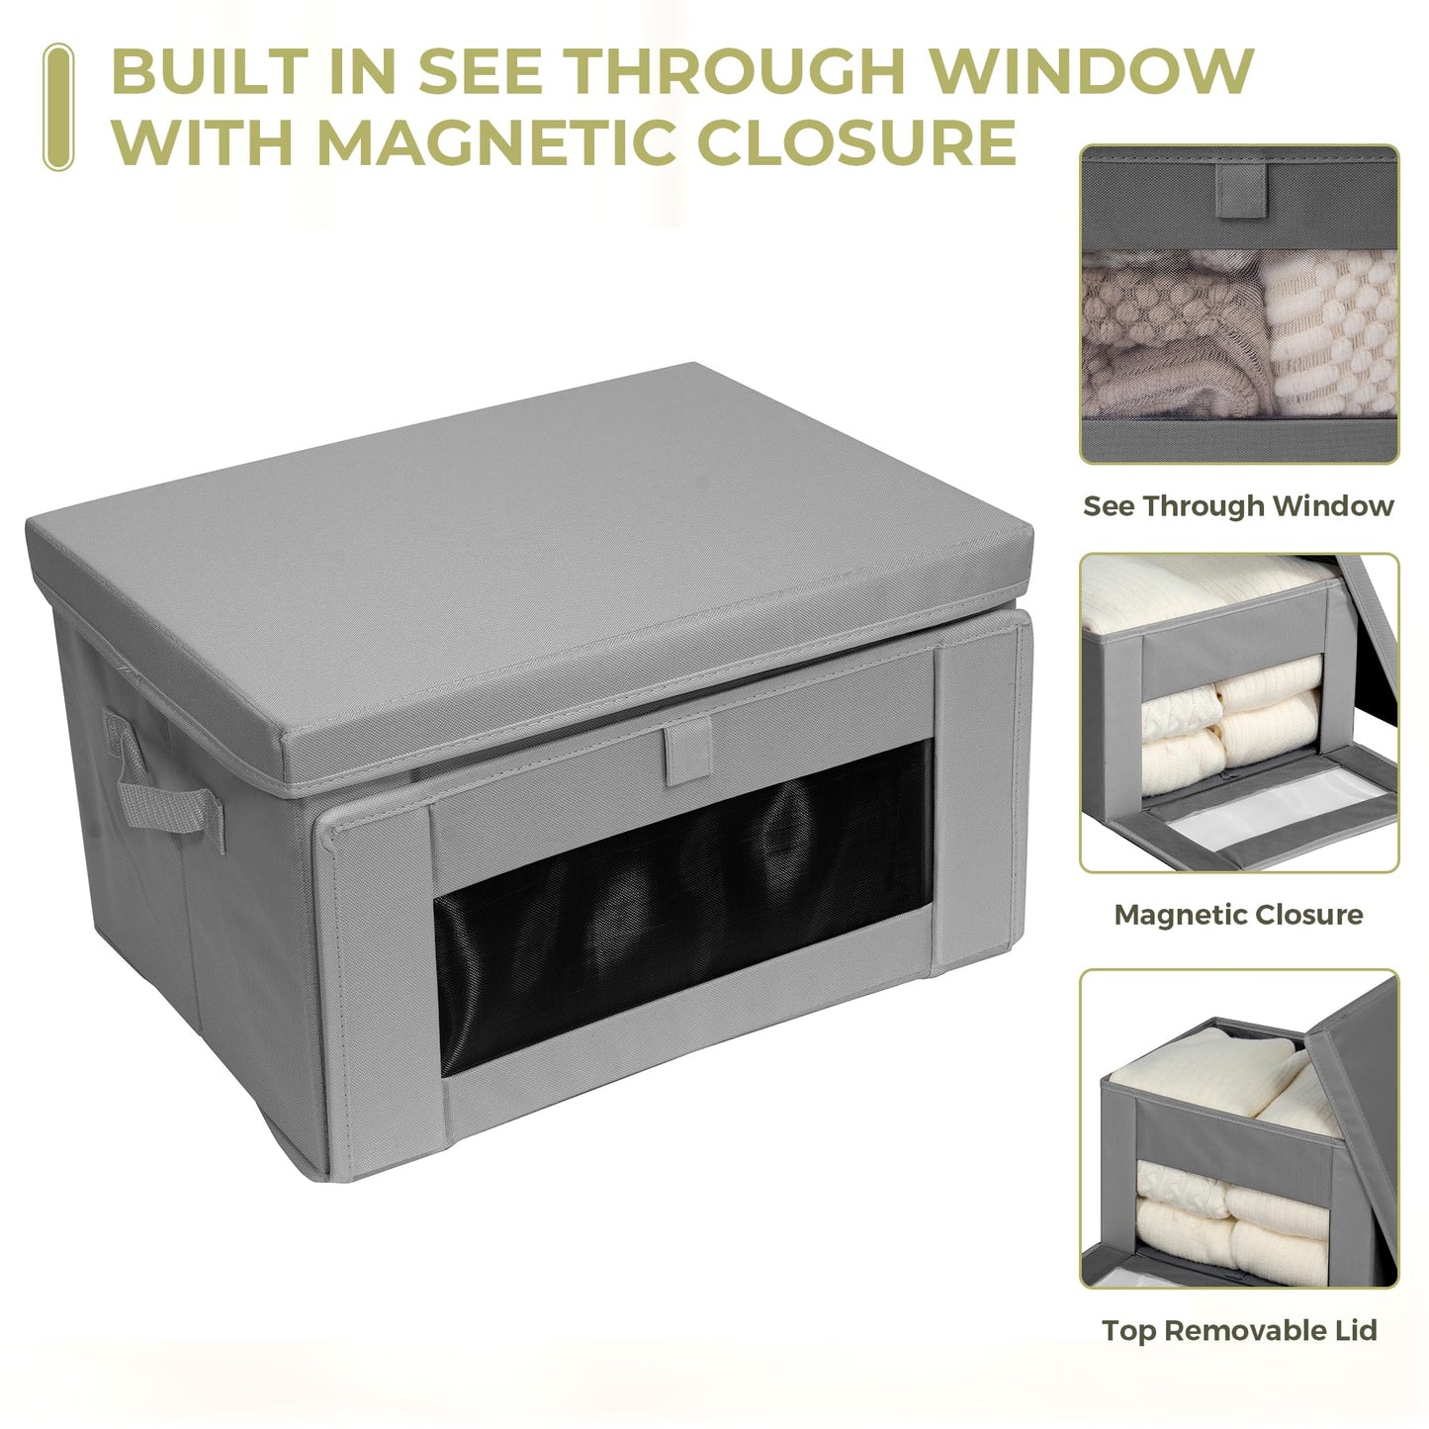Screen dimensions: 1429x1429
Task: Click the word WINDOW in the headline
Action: (1090, 71)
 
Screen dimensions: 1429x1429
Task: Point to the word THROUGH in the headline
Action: (738, 71)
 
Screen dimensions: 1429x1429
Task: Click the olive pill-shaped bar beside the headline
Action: (58, 107)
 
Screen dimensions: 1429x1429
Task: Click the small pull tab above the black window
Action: (688, 756)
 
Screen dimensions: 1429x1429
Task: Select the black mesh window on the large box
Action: (683, 907)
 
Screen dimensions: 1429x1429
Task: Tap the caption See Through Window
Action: (1238, 505)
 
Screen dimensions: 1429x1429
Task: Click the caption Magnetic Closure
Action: (1238, 915)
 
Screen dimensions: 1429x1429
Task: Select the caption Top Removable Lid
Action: (1239, 1330)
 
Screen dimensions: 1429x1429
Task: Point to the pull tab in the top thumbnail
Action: (1241, 191)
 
